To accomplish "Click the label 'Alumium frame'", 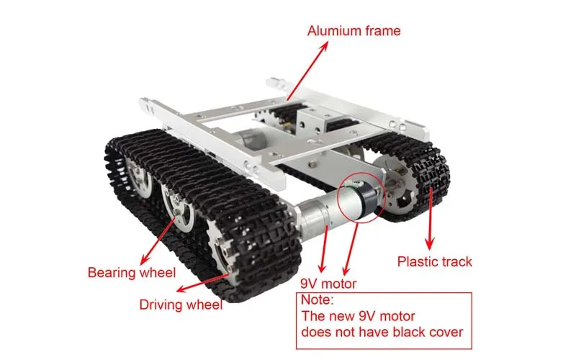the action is (x=354, y=31).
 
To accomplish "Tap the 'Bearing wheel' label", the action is (x=131, y=273).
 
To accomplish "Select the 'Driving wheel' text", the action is (x=181, y=304).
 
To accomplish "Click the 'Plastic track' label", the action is (x=435, y=261).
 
